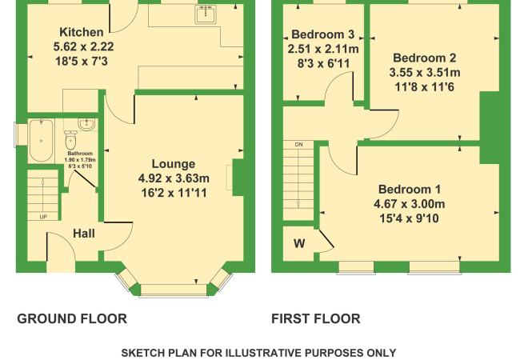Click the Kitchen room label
coord(82,32)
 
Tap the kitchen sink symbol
coord(206,14)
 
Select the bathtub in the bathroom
coord(41,141)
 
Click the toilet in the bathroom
coord(70,140)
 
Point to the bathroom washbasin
coord(86,124)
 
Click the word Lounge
coord(174,164)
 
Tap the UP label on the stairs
coord(43,217)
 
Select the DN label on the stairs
coord(299,145)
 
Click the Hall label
coord(84,234)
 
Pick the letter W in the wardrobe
coord(299,244)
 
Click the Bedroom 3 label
coord(323,34)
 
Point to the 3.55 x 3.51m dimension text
coord(425,72)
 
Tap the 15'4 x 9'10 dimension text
coord(410,218)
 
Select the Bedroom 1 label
coord(410,190)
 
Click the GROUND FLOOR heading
coord(72,319)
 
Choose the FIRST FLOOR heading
coord(316,319)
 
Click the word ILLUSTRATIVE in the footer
coord(264,353)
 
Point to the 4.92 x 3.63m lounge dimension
coord(174,178)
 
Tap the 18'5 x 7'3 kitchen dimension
coord(82,62)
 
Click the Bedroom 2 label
coord(425,58)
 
